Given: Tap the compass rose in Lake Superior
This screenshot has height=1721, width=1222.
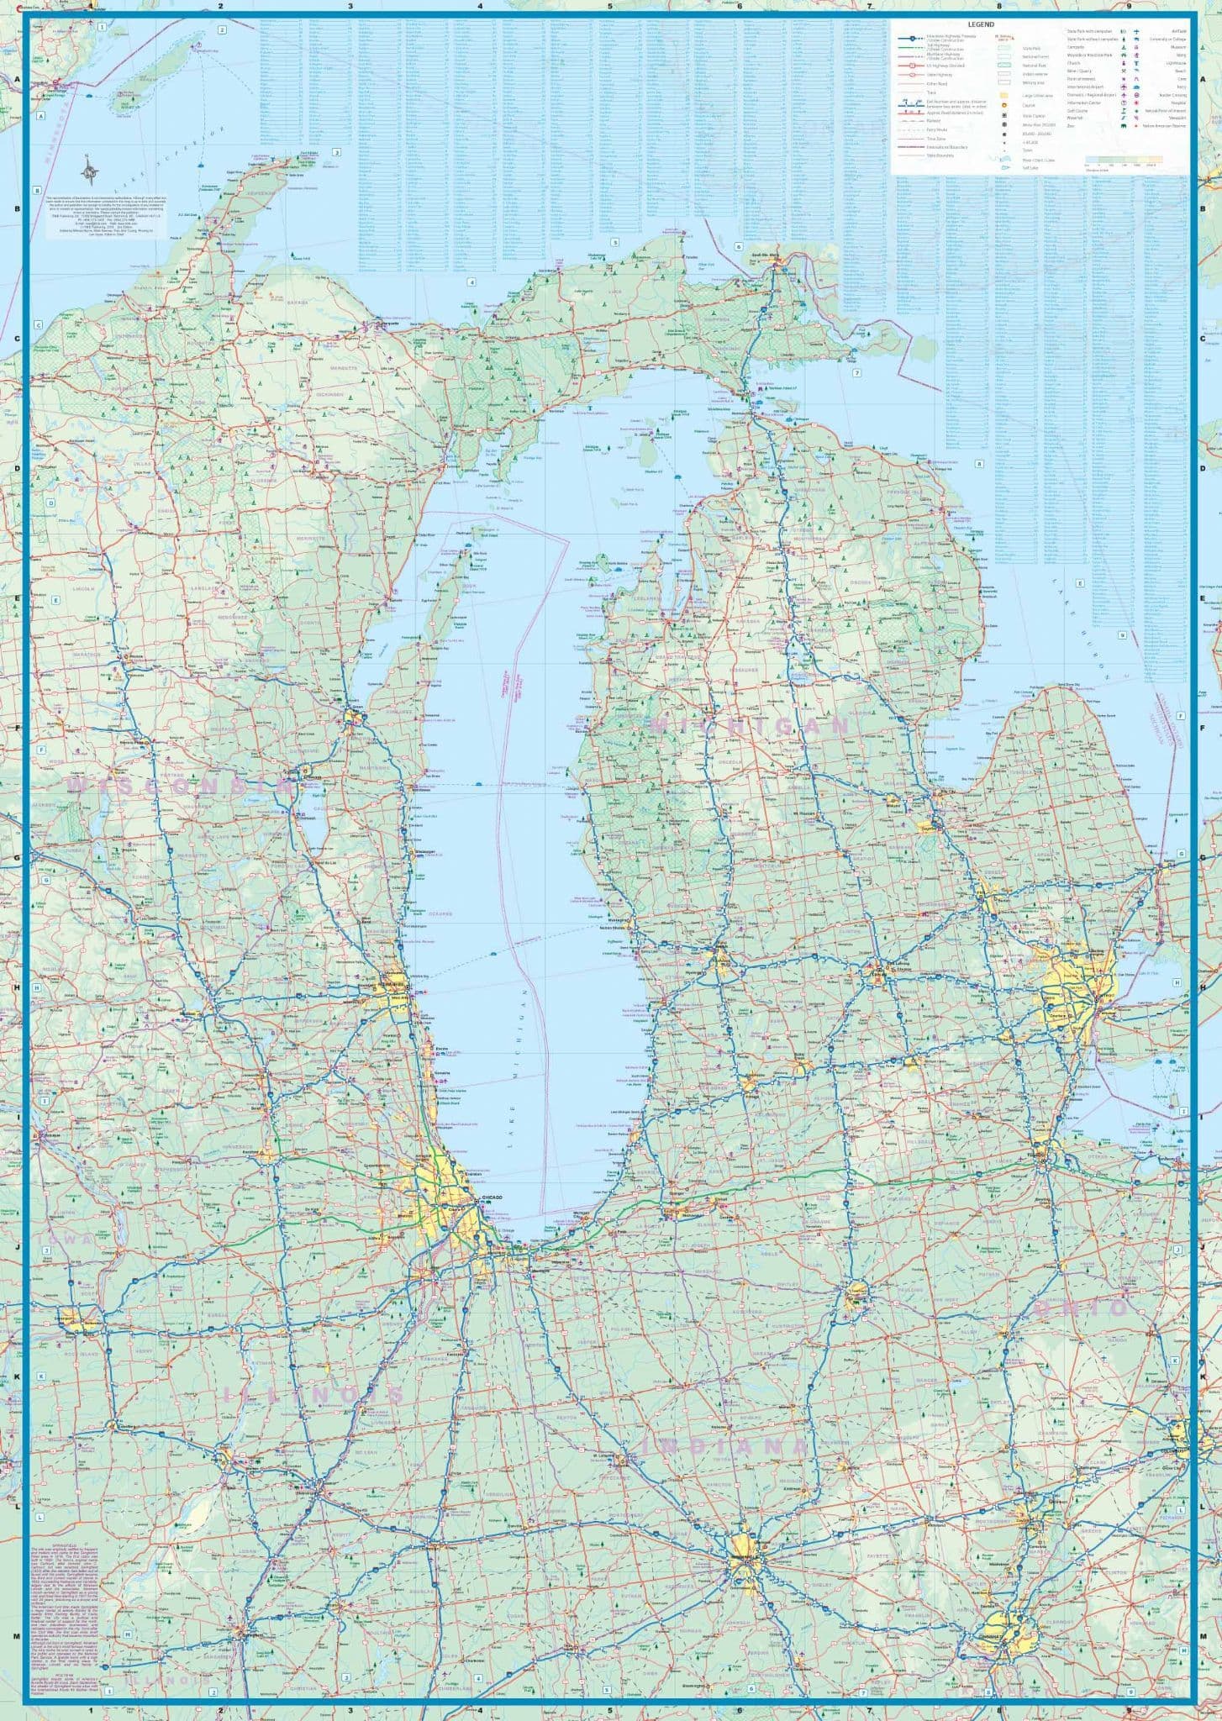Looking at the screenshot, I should pyautogui.click(x=91, y=173).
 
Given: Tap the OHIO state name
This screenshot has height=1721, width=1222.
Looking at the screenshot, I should pyautogui.click(x=1084, y=1308).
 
